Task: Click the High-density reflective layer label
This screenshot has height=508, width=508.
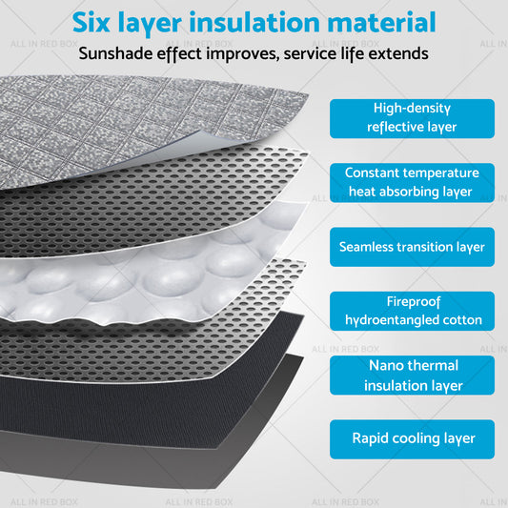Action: point(413,118)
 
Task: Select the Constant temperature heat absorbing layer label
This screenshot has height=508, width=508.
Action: point(413,182)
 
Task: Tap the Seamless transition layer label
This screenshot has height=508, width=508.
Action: point(413,247)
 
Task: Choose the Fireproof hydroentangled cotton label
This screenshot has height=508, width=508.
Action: point(413,311)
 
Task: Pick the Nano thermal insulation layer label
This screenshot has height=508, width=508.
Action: point(413,376)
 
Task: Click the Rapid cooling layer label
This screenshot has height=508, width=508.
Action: point(413,438)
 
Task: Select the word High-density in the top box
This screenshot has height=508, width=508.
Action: point(413,109)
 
